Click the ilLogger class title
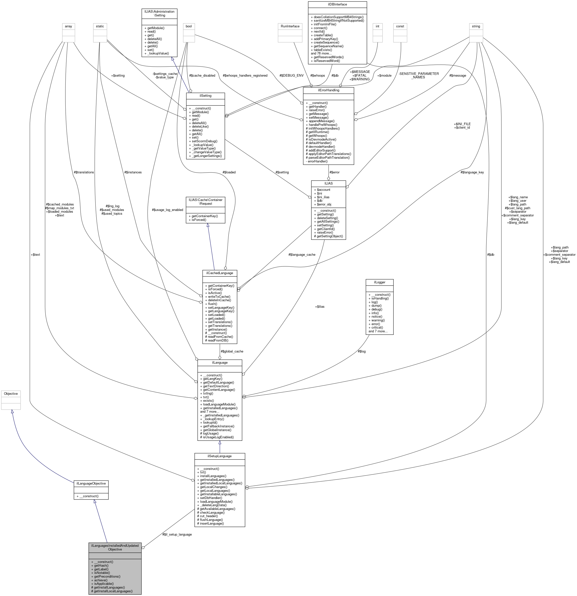[x=379, y=282]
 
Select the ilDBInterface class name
[x=337, y=4]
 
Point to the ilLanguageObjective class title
[x=91, y=483]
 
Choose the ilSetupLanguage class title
[x=220, y=456]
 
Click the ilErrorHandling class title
[x=328, y=90]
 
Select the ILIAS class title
[x=328, y=183]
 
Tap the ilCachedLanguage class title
[x=220, y=273]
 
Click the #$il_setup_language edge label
[x=177, y=534]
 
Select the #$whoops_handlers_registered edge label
[x=245, y=75]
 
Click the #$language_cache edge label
[x=302, y=254]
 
